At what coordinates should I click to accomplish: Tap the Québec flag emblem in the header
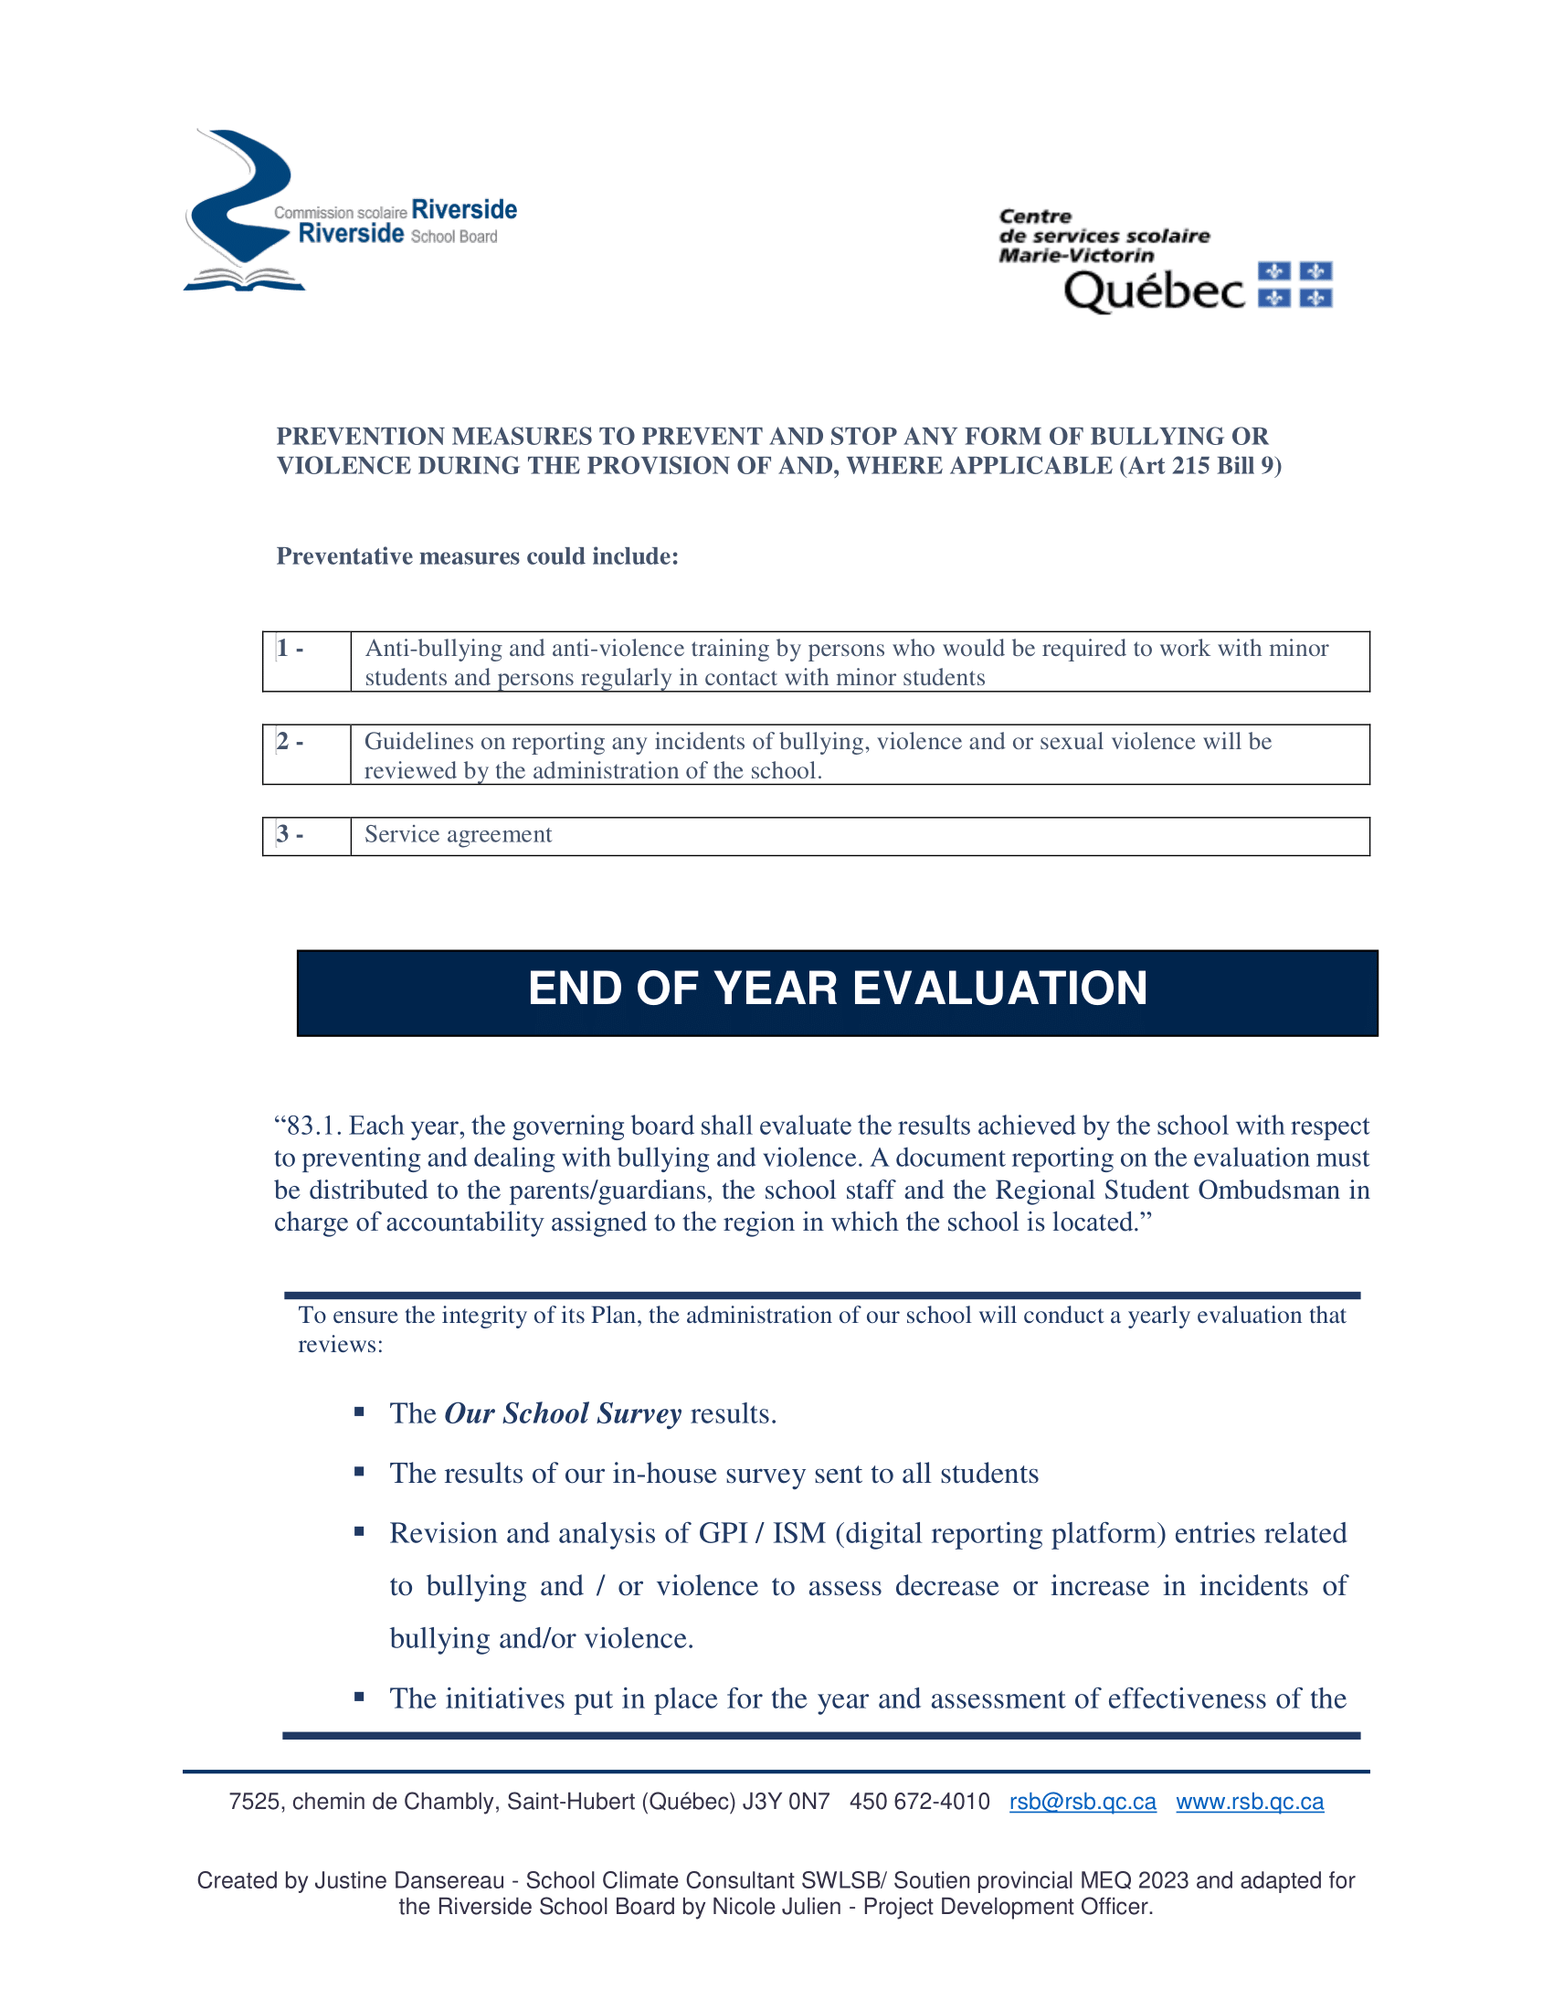[x=1294, y=284]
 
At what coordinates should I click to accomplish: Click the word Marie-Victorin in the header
[x=1075, y=256]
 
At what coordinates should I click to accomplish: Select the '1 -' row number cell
[x=305, y=661]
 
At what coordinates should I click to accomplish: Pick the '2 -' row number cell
[x=305, y=754]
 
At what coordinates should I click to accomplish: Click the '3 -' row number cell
[x=305, y=835]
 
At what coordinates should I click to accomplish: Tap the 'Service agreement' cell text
[x=459, y=835]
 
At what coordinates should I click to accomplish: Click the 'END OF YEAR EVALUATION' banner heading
[x=836, y=989]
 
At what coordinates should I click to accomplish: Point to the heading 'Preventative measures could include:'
[x=477, y=556]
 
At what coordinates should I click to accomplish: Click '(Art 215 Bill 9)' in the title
[x=1199, y=466]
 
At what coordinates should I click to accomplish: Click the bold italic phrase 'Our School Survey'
[x=562, y=1413]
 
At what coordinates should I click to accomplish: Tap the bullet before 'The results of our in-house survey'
[x=359, y=1472]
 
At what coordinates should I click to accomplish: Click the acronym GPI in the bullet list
[x=723, y=1533]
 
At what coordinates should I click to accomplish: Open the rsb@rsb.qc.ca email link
[x=1082, y=1802]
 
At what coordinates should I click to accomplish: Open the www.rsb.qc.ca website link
[x=1250, y=1802]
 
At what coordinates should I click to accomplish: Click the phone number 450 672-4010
[x=919, y=1802]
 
